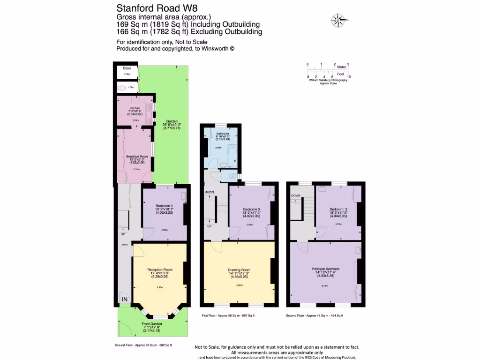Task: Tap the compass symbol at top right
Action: [x=338, y=20]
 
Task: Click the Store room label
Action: [x=126, y=68]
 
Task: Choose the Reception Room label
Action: [x=160, y=270]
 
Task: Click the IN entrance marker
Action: [x=125, y=299]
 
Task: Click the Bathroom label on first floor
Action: [x=222, y=133]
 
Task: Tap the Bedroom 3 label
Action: [x=251, y=209]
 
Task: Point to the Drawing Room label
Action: [x=239, y=270]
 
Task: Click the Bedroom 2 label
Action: [x=338, y=209]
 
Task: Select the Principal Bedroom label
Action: [x=325, y=269]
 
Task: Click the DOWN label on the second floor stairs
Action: [x=295, y=195]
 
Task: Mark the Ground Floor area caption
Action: [x=143, y=345]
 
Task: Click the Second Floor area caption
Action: [x=315, y=316]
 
